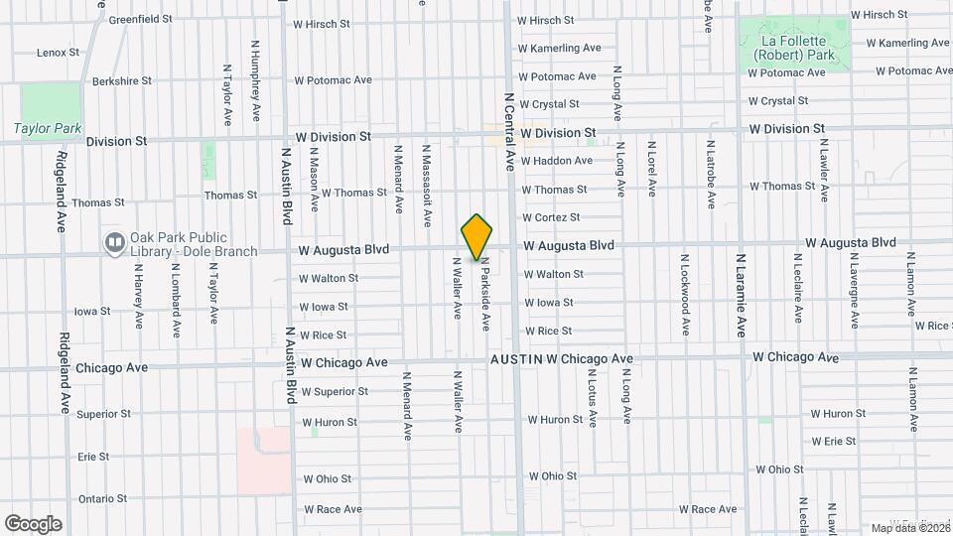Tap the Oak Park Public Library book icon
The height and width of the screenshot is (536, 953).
[115, 242]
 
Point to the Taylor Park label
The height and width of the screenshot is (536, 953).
[48, 128]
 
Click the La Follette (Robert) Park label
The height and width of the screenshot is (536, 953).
[794, 48]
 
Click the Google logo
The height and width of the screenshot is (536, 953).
[33, 524]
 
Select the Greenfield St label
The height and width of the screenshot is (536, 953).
[140, 19]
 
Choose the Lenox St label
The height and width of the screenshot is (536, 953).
[58, 53]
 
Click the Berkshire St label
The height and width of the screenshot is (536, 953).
[118, 80]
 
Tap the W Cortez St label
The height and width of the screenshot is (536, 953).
[551, 217]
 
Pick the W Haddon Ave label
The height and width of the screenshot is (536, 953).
[557, 161]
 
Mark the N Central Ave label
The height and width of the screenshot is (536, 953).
[510, 132]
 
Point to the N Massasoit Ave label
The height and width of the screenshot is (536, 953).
[428, 176]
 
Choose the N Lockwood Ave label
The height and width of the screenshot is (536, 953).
[685, 293]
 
